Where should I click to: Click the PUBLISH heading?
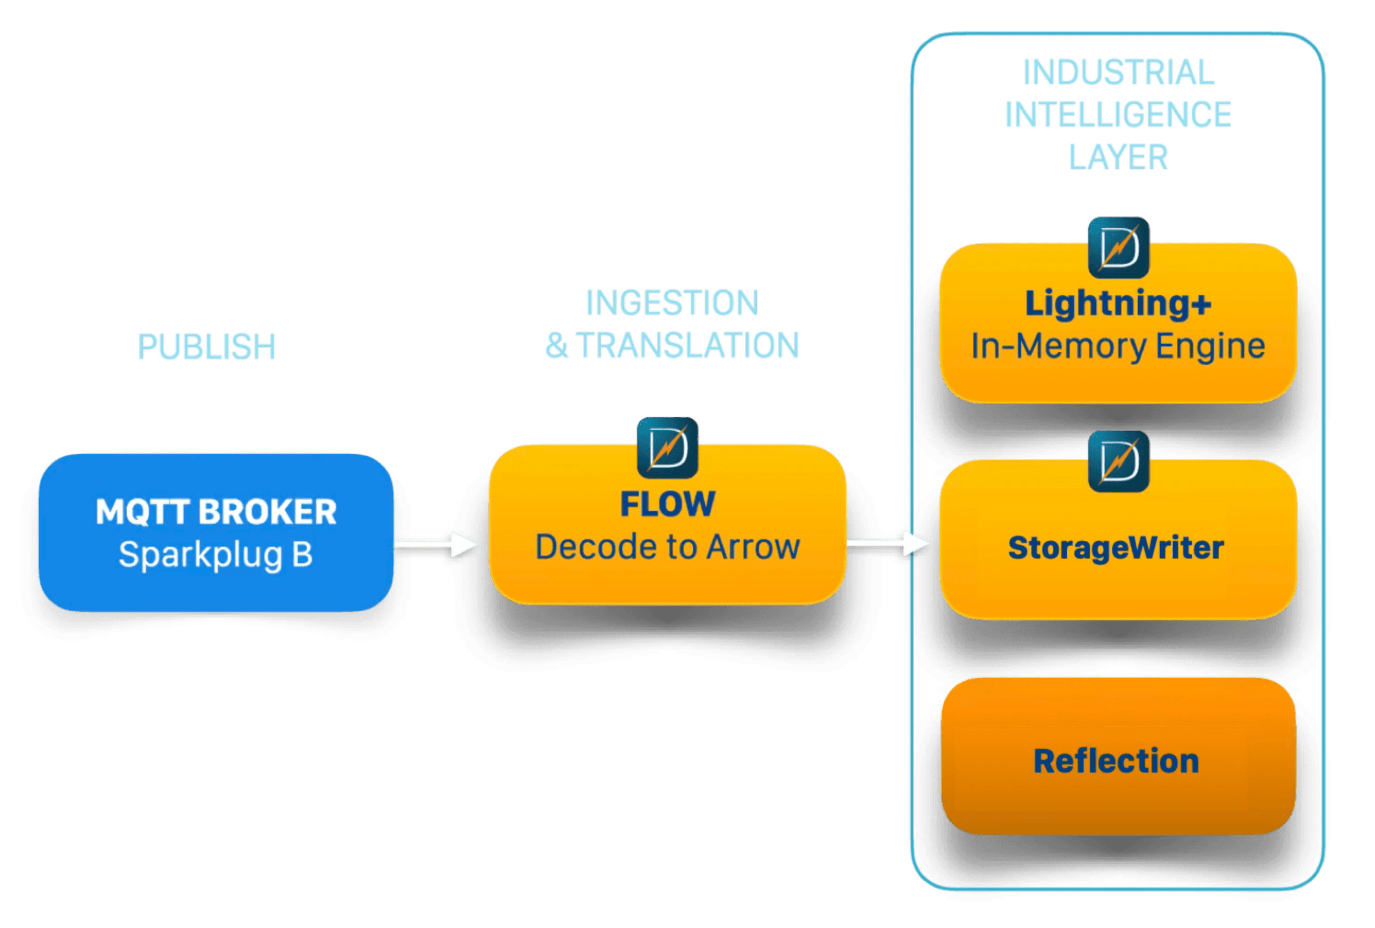pos(206,346)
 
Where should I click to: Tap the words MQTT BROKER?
pos(216,512)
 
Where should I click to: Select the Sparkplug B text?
pos(215,555)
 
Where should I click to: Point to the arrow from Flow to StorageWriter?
pos(887,542)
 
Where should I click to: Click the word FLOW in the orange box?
pos(668,504)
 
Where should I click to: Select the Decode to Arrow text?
pos(668,547)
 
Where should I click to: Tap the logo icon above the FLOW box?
pos(668,447)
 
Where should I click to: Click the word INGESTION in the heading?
pos(672,303)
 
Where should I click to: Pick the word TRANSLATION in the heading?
pos(687,345)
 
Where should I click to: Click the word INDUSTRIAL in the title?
pos(1119,72)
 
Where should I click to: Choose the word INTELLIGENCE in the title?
pos(1118,114)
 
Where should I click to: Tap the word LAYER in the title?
pos(1118,157)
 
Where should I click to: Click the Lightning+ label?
pos(1118,303)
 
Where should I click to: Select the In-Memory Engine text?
pos(1118,346)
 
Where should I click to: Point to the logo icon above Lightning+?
pos(1118,247)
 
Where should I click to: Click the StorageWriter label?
pos(1116,548)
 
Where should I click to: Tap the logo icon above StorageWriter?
pos(1118,461)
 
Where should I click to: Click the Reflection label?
pos(1116,760)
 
